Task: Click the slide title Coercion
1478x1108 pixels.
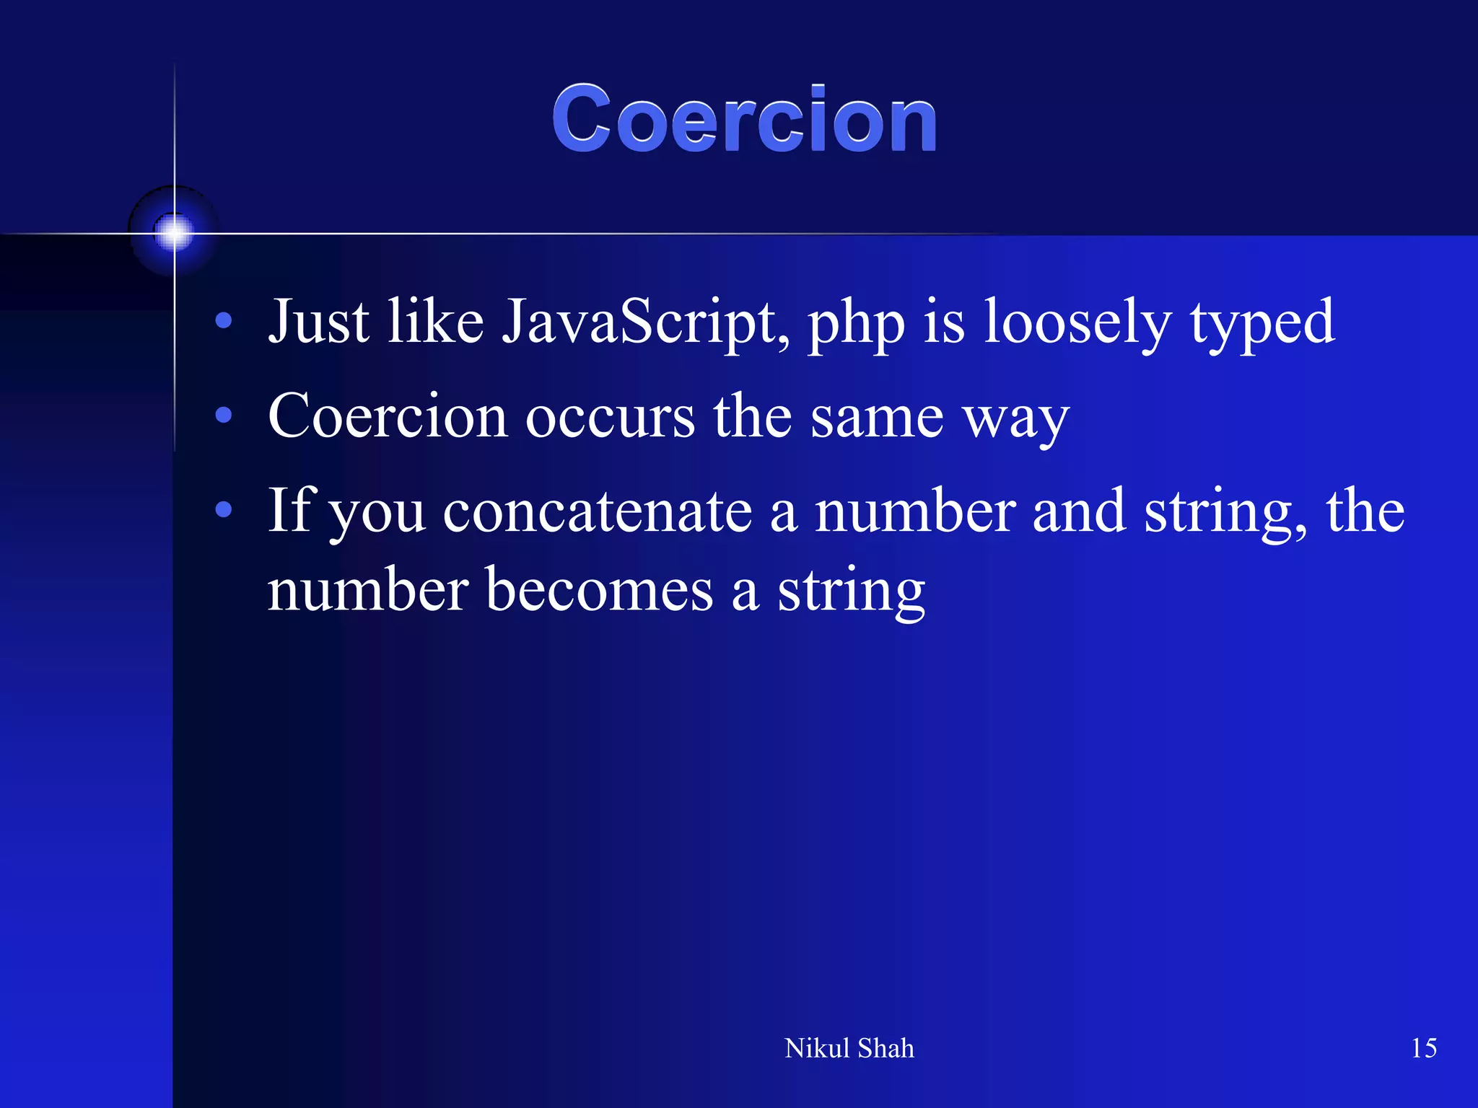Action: coord(744,119)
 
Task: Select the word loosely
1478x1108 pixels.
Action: coord(1077,322)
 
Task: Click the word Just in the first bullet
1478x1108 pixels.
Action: coord(318,322)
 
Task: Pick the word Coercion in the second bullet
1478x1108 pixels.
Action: coord(388,416)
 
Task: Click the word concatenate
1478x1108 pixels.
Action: coord(598,511)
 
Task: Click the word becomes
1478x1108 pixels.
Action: coord(599,590)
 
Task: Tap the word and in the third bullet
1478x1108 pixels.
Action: coord(1079,511)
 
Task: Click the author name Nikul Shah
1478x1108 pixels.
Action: coord(849,1048)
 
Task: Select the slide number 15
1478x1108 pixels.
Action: coord(1423,1048)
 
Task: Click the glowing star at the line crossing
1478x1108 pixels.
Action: coord(174,232)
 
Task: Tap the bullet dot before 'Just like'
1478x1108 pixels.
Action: coord(224,321)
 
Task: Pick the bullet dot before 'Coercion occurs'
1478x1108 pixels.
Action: coord(224,415)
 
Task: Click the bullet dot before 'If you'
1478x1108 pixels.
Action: coord(224,510)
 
